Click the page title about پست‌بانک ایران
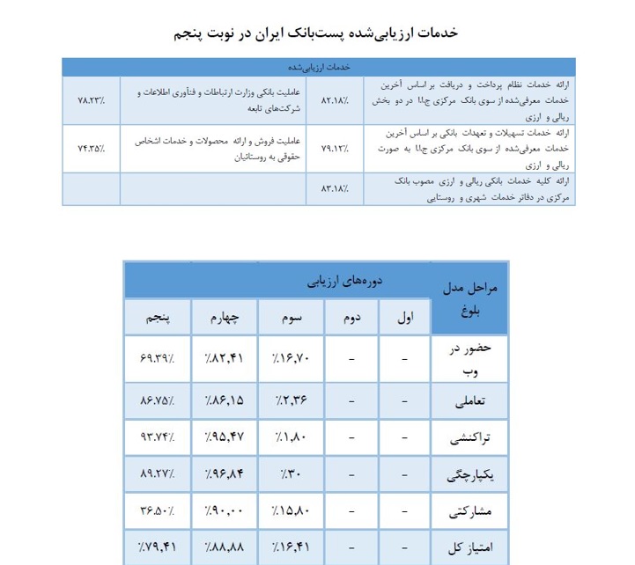click(317, 33)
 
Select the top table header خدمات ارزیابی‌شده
click(319, 67)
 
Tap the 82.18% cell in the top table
click(335, 99)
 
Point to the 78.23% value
click(90, 99)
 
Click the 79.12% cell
click(335, 148)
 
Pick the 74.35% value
click(90, 148)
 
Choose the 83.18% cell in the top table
click(335, 188)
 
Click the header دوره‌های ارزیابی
click(325, 282)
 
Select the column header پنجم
click(159, 317)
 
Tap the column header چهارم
click(226, 317)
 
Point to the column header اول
click(404, 317)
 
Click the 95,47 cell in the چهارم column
click(225, 437)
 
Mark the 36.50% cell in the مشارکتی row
click(159, 510)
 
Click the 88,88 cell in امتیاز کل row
click(225, 547)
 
